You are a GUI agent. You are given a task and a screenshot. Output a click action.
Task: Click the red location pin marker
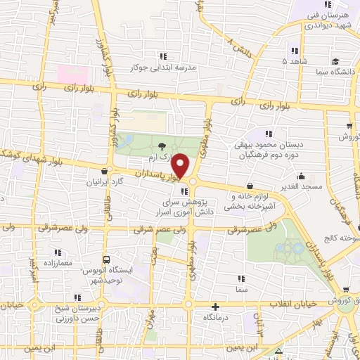pos(181,166)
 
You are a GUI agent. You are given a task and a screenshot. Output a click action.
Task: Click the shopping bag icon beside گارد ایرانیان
pos(105,170)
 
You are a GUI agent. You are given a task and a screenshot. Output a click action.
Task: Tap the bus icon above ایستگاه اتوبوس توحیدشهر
pos(105,258)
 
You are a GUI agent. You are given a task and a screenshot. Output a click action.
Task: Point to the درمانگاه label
pos(215,318)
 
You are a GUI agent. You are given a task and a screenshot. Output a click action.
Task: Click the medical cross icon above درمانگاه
pos(215,307)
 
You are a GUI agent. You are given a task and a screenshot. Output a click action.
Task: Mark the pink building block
pos(72,72)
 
